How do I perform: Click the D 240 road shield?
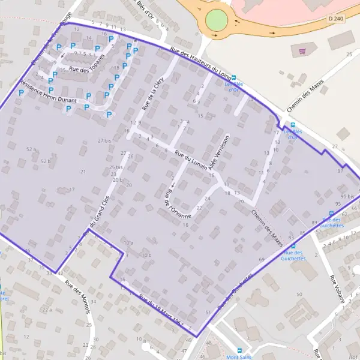(336, 19)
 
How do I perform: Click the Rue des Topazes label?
(87, 65)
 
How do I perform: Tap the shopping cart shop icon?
(302, 52)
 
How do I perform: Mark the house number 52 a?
(32, 149)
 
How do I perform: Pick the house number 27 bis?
(104, 140)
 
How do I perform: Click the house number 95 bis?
(347, 196)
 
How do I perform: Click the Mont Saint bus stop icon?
(239, 351)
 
